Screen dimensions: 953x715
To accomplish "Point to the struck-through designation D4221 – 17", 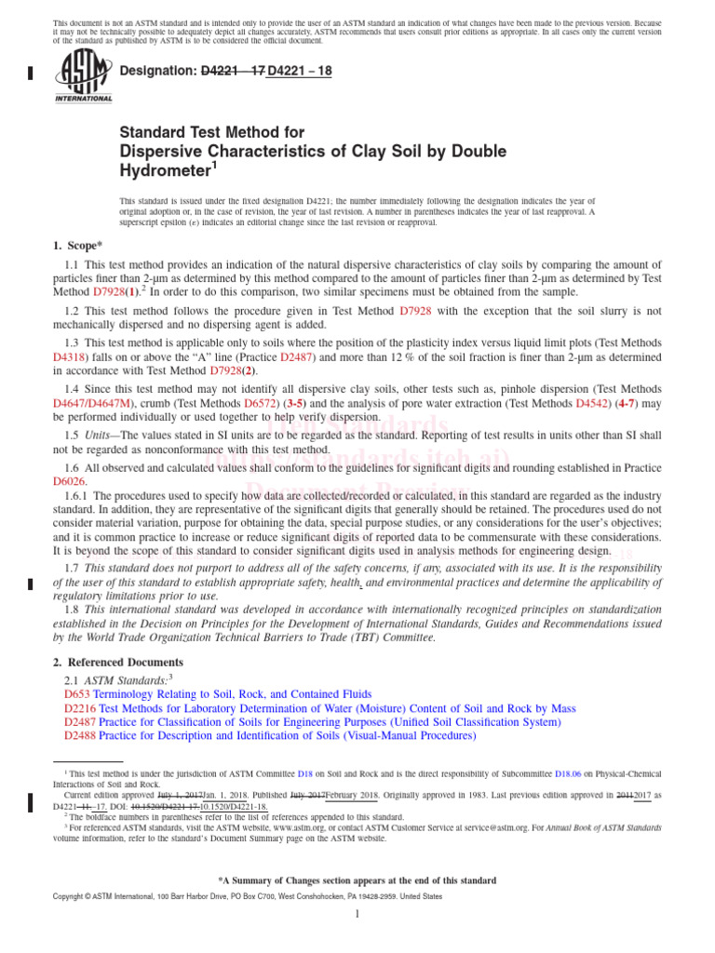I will [233, 69].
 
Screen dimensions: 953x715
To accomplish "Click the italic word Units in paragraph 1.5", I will [104, 435].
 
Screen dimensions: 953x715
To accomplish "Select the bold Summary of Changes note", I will [357, 880].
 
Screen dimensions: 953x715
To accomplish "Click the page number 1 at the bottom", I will [357, 914].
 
